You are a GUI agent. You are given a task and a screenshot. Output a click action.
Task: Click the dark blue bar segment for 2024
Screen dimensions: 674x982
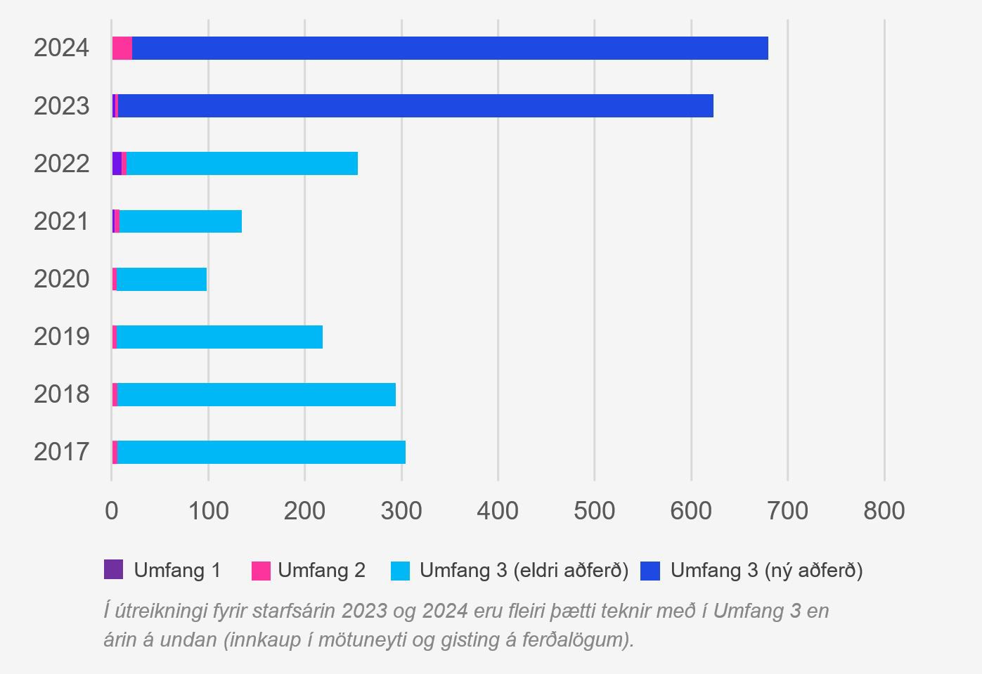[x=450, y=48]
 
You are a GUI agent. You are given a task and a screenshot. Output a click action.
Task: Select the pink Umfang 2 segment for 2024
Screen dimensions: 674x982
[x=122, y=48]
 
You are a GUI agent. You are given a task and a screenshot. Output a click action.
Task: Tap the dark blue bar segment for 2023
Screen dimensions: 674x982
[x=415, y=106]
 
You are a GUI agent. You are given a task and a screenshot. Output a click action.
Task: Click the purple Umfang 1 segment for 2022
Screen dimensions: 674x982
[x=117, y=164]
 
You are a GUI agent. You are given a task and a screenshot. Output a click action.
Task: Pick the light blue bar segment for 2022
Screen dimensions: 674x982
[x=242, y=164]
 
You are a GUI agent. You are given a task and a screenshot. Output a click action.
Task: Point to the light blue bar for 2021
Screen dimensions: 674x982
[x=180, y=221]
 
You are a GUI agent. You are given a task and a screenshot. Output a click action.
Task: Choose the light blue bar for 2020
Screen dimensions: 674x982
[x=161, y=279]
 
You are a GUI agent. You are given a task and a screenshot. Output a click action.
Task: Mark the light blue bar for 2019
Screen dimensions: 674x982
[x=219, y=337]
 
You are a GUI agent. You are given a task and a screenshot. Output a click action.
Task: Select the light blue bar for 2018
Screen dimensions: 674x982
[x=256, y=394]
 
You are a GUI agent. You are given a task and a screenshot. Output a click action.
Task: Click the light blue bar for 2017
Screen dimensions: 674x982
[x=261, y=452]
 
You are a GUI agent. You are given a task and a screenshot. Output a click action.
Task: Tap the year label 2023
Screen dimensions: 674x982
[x=62, y=106]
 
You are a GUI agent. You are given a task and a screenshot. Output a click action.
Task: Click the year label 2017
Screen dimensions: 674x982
[x=62, y=452]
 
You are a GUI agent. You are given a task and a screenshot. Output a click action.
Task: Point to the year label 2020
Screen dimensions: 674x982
[x=62, y=279]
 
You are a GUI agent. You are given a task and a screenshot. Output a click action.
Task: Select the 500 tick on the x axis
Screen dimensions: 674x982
[x=594, y=511]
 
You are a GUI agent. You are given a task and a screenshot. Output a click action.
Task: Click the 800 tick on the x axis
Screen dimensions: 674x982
[x=884, y=511]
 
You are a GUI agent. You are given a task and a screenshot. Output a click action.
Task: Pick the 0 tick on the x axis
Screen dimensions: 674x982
[x=112, y=511]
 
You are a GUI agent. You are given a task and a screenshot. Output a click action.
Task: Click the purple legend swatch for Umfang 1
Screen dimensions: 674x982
[x=113, y=569]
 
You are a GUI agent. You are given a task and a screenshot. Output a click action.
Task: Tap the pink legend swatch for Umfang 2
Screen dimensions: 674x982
[x=261, y=570]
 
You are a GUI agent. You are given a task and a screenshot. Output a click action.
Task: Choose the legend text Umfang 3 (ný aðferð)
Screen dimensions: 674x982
[x=766, y=570]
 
